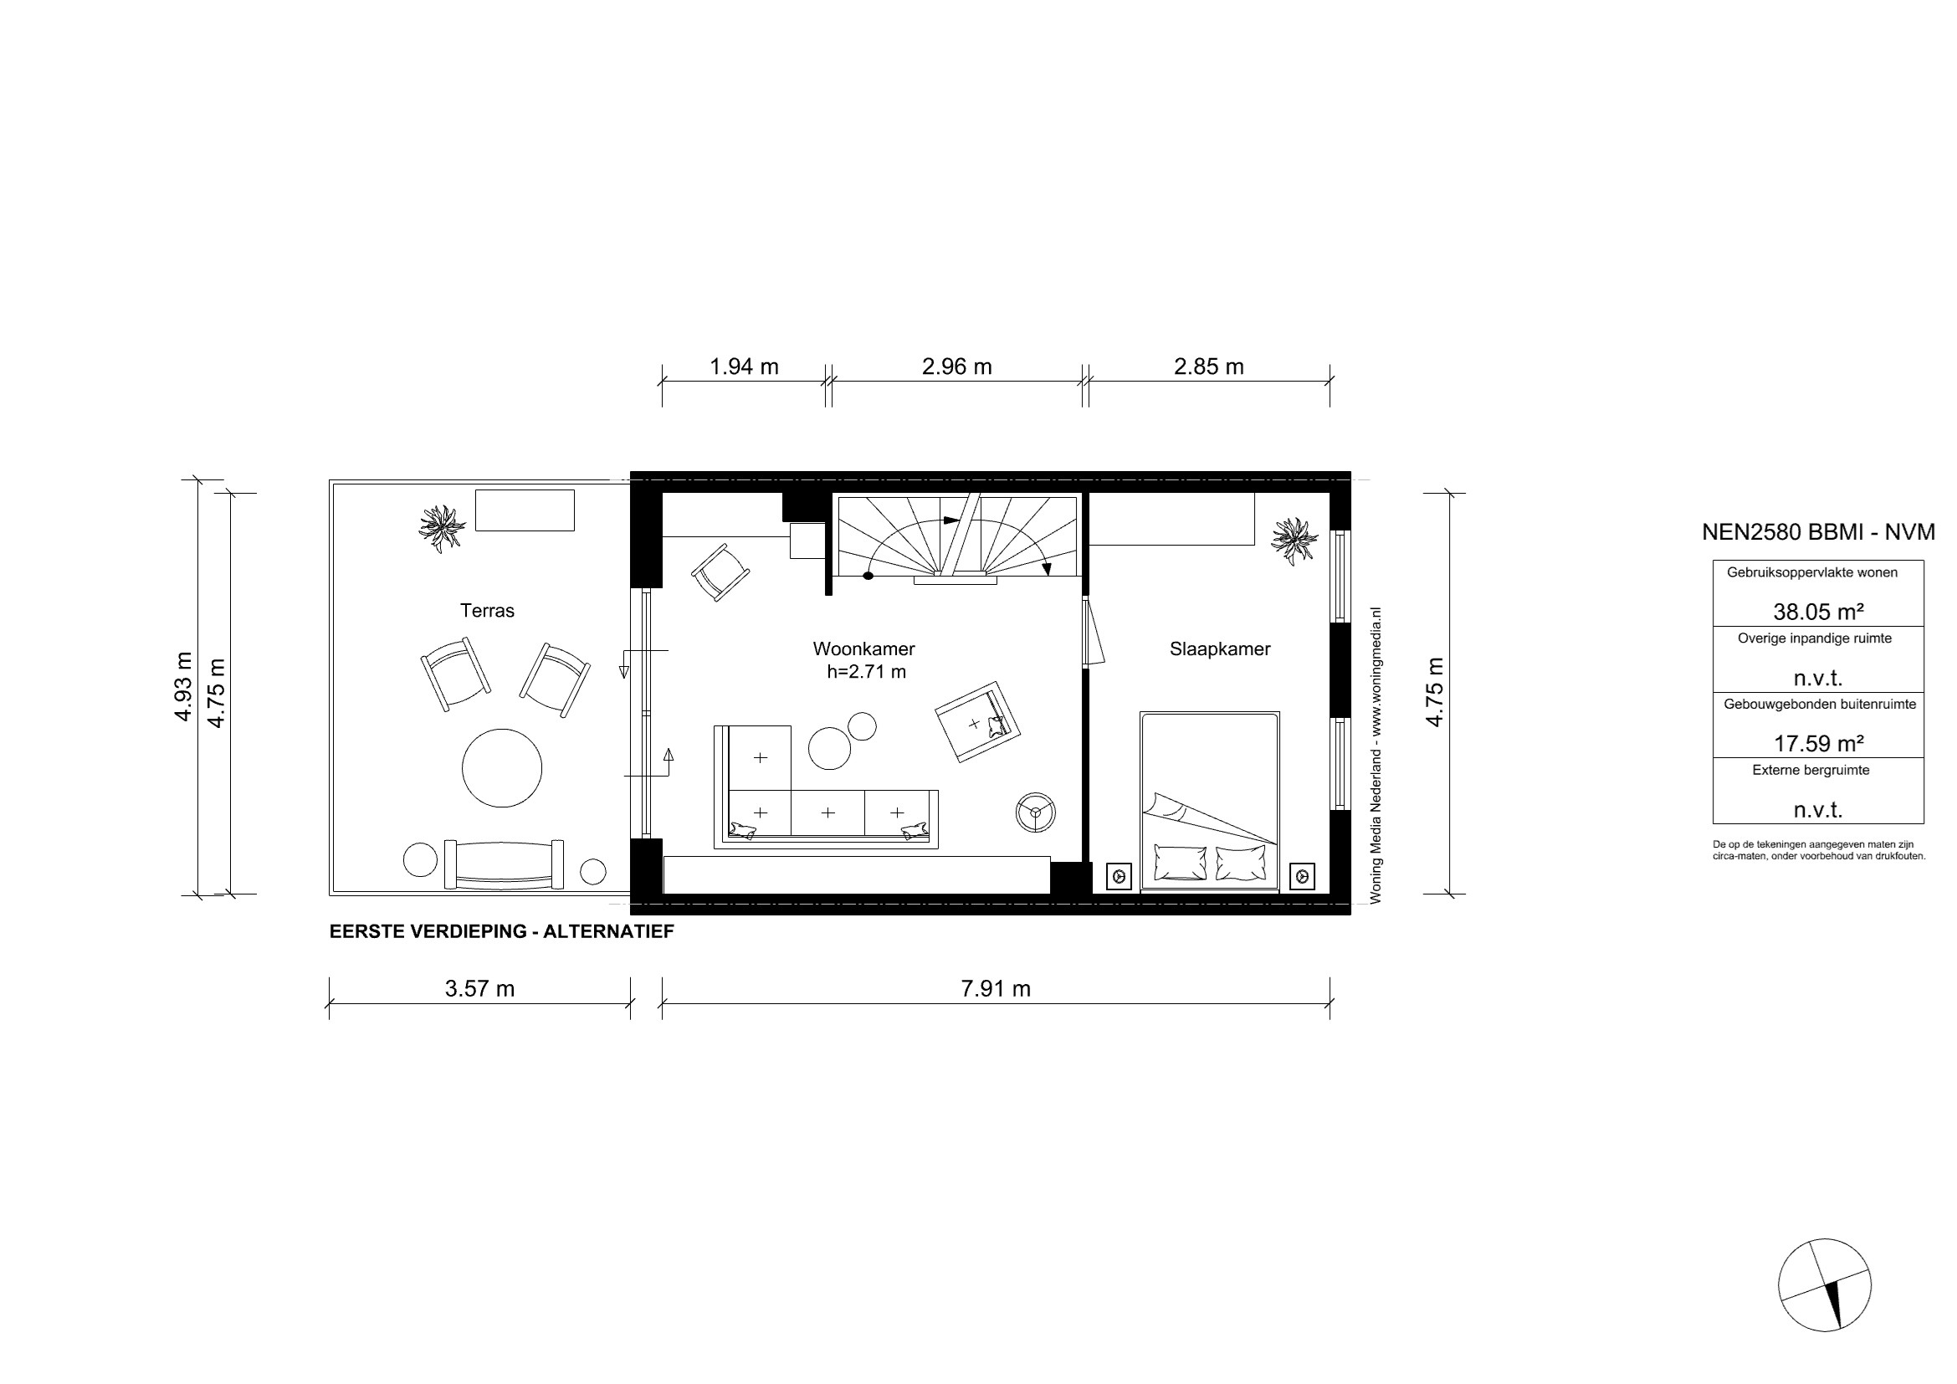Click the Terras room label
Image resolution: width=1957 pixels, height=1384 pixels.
click(x=487, y=610)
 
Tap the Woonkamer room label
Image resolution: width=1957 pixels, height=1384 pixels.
click(x=863, y=648)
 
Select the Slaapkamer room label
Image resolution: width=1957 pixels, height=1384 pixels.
click(x=1220, y=648)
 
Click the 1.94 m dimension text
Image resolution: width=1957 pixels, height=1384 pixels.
click(x=744, y=367)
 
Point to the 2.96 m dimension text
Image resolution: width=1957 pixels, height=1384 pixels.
click(x=956, y=367)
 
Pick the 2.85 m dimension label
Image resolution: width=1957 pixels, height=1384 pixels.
click(x=1209, y=367)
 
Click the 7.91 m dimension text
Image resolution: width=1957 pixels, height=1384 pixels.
click(x=996, y=988)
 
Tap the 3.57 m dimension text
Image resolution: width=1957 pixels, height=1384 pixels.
click(x=480, y=988)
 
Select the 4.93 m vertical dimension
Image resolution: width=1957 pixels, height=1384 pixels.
click(x=183, y=687)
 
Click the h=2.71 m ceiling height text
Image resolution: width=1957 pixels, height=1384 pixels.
click(x=866, y=672)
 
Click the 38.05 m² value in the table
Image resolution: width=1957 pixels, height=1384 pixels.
click(x=1818, y=611)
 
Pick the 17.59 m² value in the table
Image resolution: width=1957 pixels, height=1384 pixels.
click(x=1818, y=743)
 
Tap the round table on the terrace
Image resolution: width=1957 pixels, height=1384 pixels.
click(x=502, y=768)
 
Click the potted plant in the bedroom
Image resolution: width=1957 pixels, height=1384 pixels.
click(x=1294, y=541)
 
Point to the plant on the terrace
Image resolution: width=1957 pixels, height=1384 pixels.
click(x=442, y=528)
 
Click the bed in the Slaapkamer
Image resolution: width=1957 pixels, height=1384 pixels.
click(x=1210, y=801)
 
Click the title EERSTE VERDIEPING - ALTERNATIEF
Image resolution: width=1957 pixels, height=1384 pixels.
click(x=501, y=931)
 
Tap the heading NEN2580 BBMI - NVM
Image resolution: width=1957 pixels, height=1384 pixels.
click(x=1818, y=532)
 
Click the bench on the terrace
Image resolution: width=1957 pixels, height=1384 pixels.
click(x=504, y=864)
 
